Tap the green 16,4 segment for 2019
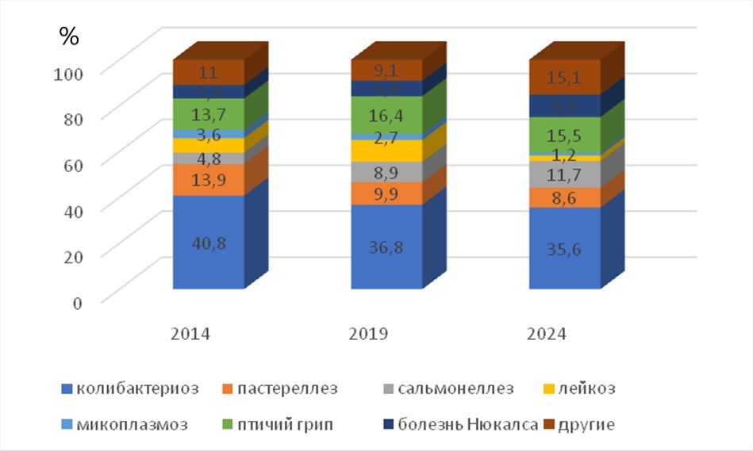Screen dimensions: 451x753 click(x=386, y=116)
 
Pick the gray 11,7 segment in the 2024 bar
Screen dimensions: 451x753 click(x=565, y=174)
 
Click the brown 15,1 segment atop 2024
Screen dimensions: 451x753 click(x=565, y=78)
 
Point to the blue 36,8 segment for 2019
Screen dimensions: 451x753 click(x=386, y=247)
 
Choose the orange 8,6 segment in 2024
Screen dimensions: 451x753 click(x=565, y=197)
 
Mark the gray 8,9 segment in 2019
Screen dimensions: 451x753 click(x=386, y=172)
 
